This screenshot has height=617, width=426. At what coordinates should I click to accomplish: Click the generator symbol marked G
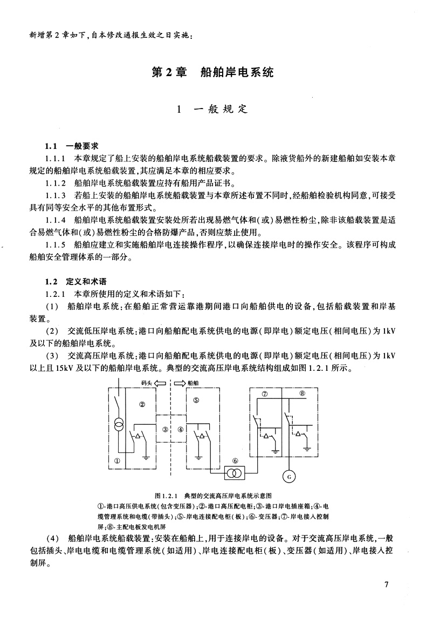[287, 476]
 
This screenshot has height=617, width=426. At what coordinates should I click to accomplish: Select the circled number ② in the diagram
[142, 403]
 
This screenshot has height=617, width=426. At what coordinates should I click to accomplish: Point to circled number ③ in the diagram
[165, 430]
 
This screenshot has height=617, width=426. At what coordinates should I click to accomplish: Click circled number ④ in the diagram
[181, 430]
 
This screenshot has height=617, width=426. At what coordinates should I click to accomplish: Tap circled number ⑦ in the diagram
[264, 394]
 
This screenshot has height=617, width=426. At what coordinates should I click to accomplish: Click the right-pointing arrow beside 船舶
[179, 383]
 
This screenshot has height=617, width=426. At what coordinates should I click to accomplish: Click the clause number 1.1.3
[56, 195]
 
